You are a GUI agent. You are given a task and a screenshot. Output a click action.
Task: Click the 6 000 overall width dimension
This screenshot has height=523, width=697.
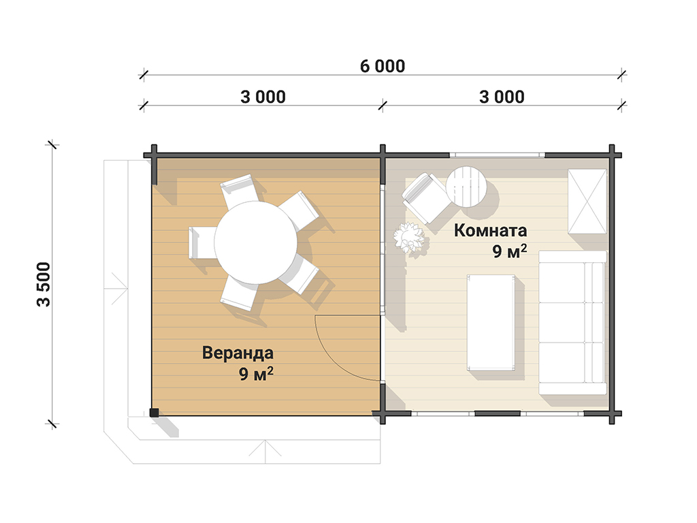383,66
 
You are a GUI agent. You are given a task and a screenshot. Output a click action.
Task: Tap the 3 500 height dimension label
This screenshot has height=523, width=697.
44,284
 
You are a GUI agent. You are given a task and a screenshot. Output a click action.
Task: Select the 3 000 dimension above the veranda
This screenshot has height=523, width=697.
263,97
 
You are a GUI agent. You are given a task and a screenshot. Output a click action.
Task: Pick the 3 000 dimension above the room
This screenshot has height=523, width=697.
502,97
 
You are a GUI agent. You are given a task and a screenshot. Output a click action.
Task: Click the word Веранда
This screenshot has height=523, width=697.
238,353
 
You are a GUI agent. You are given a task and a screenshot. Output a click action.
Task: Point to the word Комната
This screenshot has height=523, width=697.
490,230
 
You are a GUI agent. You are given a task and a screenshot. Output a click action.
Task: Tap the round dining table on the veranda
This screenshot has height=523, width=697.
256,242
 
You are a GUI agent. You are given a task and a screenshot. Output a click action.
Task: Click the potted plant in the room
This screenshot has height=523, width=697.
409,237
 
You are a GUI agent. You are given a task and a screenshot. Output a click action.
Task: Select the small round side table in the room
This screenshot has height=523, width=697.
466,187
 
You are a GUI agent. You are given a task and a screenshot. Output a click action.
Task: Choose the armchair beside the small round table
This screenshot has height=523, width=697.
424,197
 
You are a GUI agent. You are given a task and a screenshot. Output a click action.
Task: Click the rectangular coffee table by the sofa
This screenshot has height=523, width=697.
491,322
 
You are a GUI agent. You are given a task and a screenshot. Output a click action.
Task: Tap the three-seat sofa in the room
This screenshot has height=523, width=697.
572,322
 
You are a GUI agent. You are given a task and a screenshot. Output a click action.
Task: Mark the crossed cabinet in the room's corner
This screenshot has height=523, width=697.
587,201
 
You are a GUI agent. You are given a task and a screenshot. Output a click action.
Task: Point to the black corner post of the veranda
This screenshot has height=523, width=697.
154,412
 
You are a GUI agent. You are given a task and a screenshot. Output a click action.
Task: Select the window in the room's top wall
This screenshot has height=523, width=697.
497,155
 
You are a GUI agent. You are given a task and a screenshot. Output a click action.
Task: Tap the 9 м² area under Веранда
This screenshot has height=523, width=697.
256,374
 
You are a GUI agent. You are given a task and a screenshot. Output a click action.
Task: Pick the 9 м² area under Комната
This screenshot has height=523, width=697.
509,251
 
